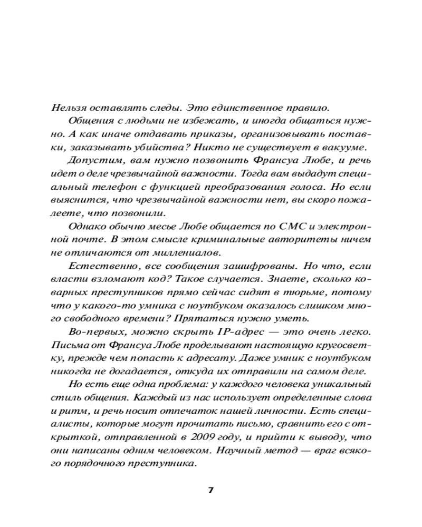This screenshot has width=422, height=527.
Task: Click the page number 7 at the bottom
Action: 211,490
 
